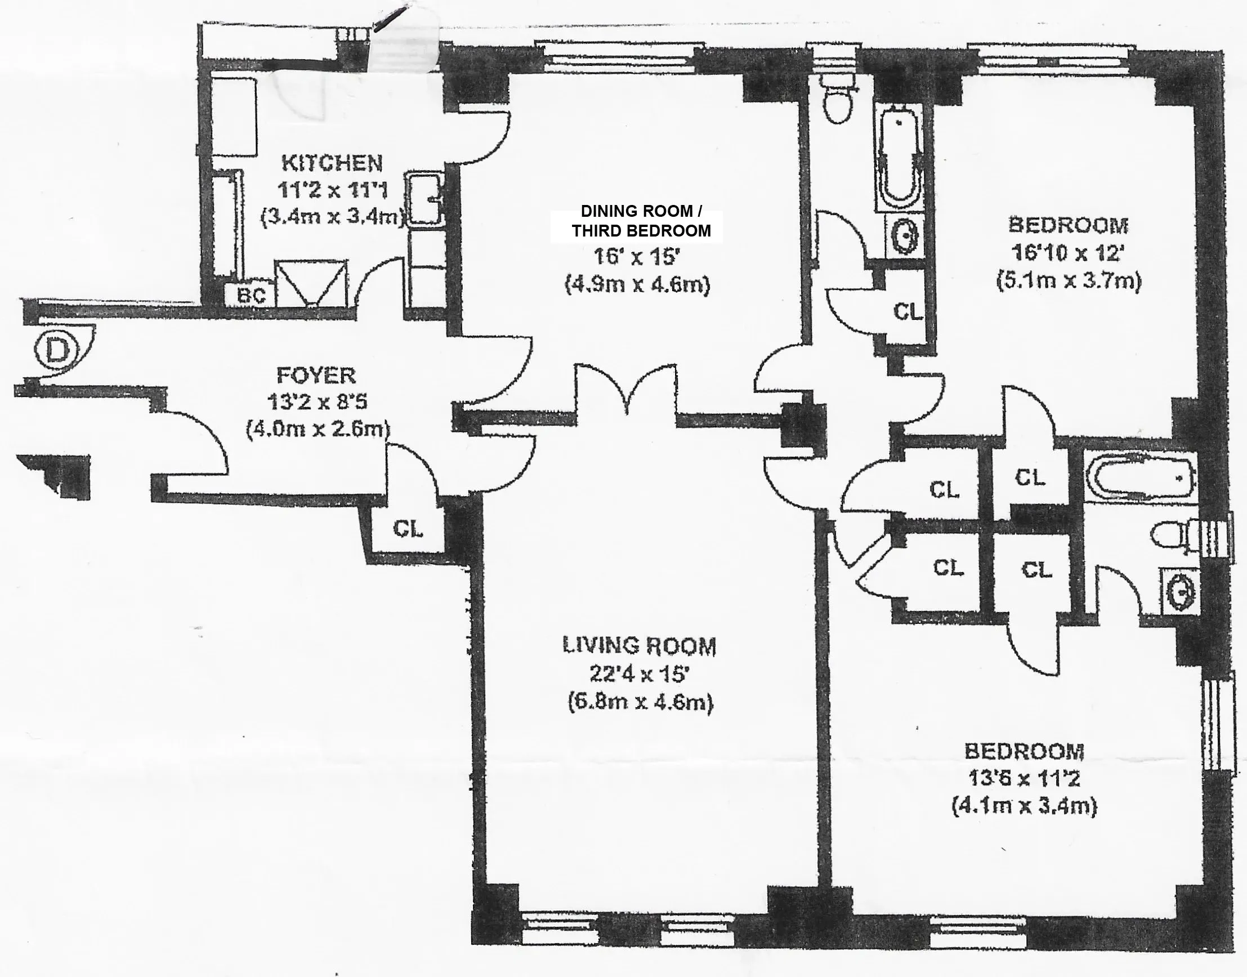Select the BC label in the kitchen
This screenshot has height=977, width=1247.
pos(252,296)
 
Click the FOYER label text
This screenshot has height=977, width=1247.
pos(316,376)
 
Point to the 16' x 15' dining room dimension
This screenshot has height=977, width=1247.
pos(636,257)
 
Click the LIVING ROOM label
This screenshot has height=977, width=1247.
pos(639,646)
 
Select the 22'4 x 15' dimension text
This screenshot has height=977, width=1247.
pos(638,675)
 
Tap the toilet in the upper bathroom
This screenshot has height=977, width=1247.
pos(838,101)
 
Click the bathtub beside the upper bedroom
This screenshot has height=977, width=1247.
pos(900,161)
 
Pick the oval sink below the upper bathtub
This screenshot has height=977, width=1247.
pos(905,234)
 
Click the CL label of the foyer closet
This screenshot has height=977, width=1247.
pos(408,529)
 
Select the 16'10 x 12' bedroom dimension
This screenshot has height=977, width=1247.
pos(1067,252)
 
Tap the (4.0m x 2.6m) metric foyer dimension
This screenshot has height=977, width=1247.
pos(318,429)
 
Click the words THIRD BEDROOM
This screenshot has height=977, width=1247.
pos(641,230)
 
